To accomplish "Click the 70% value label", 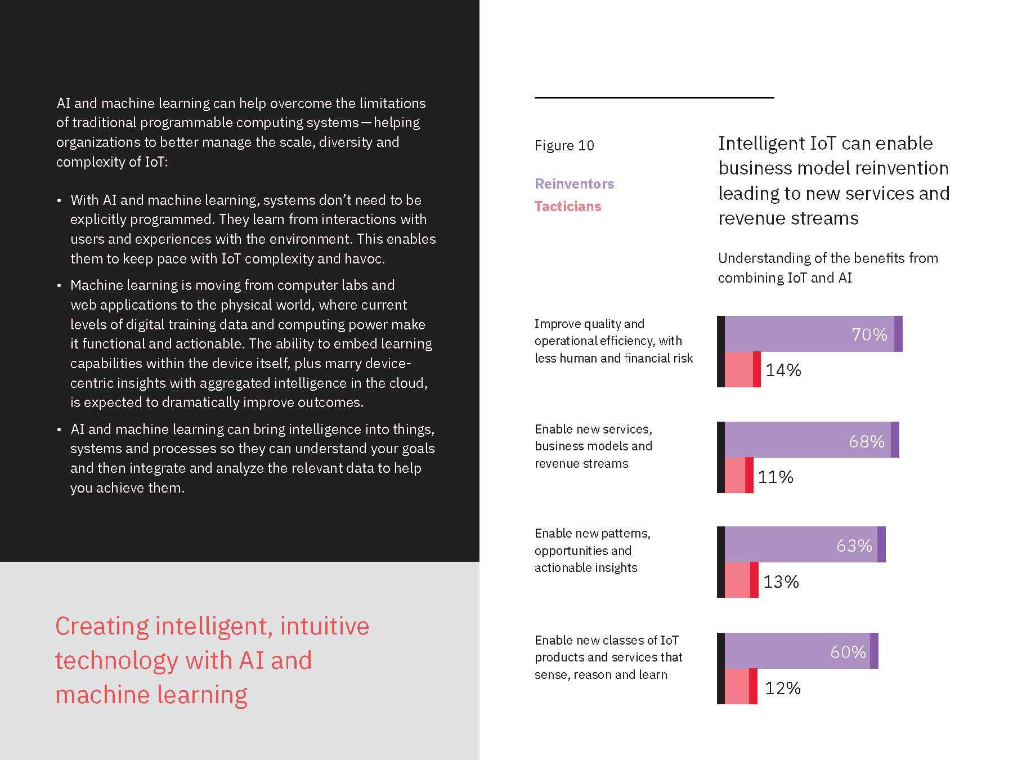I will [869, 334].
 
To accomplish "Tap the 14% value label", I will [783, 370].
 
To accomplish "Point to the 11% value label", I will [775, 477].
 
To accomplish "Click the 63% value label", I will [854, 546].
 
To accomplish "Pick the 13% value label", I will [781, 582].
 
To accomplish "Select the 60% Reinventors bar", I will [799, 651].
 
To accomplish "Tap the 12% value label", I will [782, 688].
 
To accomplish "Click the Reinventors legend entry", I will [574, 184].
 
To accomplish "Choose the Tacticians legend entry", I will [568, 207].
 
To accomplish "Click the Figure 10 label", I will [564, 146].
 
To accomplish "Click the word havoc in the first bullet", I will [364, 259].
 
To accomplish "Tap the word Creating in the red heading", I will [102, 627].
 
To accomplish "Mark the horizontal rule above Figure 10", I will [654, 97].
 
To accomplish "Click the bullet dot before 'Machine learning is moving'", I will [59, 286].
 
